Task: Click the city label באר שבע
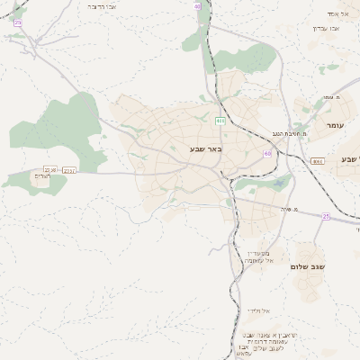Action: tap(205, 148)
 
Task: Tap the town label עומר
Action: tap(337, 125)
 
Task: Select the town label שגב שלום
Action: tap(307, 266)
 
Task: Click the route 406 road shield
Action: tap(220, 120)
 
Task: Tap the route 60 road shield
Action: tap(267, 154)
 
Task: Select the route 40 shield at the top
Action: tap(196, 5)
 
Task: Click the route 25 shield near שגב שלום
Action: tap(326, 216)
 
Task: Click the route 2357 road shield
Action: tap(70, 169)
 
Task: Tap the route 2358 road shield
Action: tap(50, 169)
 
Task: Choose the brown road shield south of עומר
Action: tap(317, 161)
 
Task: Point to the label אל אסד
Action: tap(337, 13)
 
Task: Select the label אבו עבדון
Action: tap(326, 28)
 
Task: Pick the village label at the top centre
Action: tap(100, 5)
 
